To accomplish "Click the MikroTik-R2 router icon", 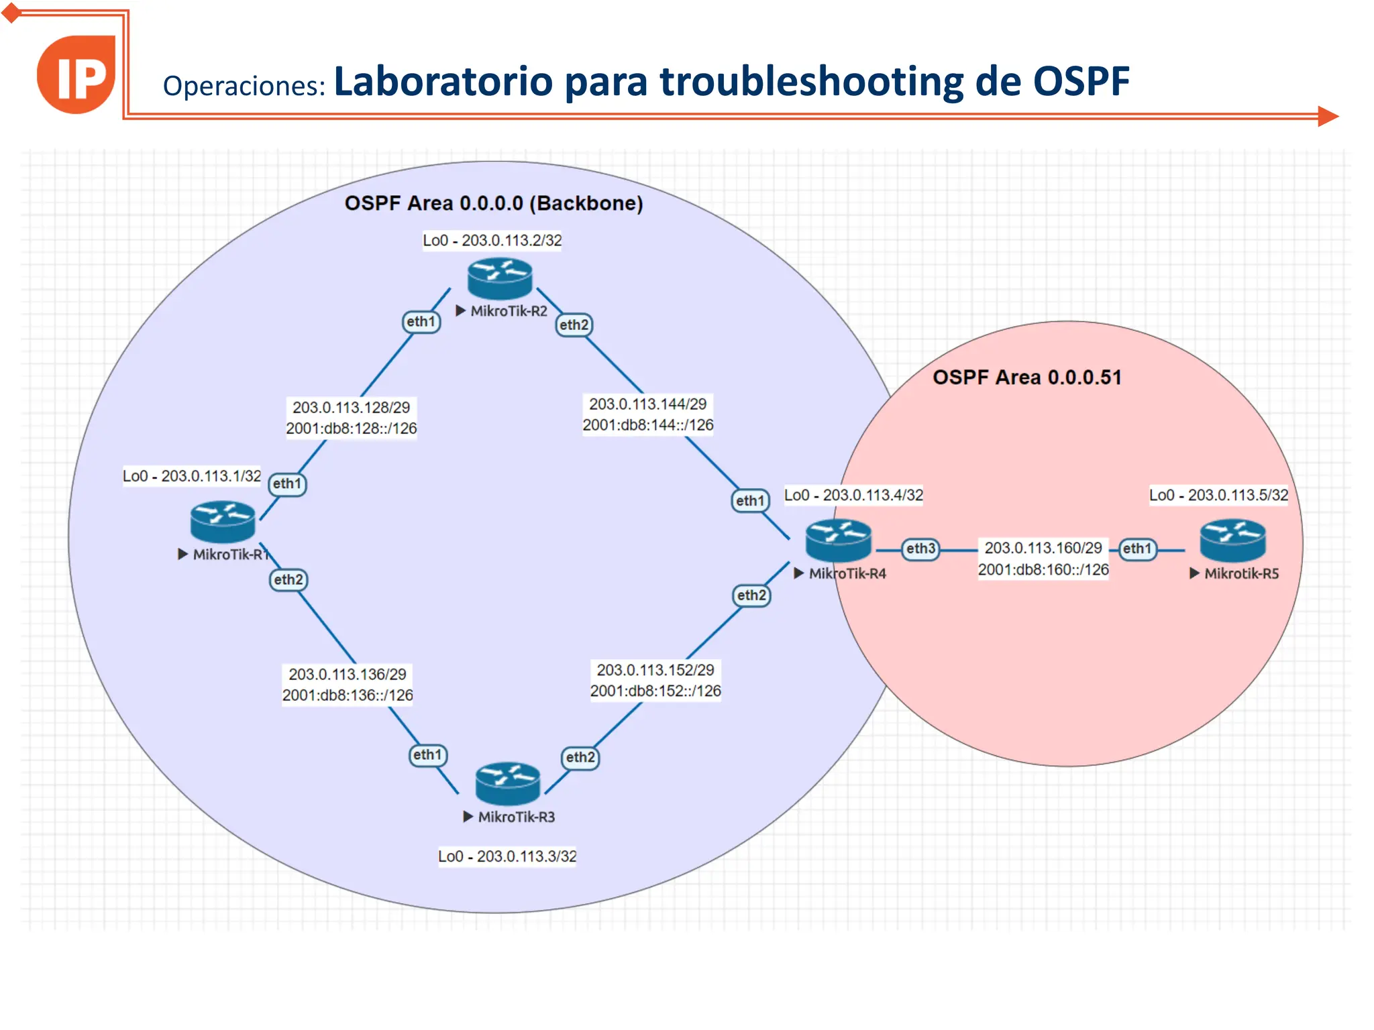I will pyautogui.click(x=500, y=278).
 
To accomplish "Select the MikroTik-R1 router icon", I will pyautogui.click(x=223, y=522).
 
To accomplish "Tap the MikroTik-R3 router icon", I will pyautogui.click(x=508, y=783).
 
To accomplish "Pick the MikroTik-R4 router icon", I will pyautogui.click(x=839, y=540).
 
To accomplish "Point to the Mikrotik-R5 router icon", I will pyautogui.click(x=1232, y=540).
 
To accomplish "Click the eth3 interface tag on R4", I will pyautogui.click(x=920, y=549).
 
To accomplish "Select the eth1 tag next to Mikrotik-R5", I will pyautogui.click(x=1137, y=549).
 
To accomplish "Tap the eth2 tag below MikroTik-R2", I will pyautogui.click(x=574, y=325).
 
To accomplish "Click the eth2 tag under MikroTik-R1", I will pyautogui.click(x=288, y=580).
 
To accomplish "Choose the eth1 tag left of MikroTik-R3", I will pyautogui.click(x=428, y=755).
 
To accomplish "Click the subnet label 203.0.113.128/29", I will pyautogui.click(x=351, y=408).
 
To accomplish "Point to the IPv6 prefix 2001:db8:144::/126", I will pyautogui.click(x=647, y=425).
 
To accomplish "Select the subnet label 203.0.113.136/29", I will pyautogui.click(x=348, y=674).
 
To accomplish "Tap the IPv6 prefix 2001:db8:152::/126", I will pyautogui.click(x=655, y=691).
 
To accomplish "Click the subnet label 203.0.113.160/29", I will pyautogui.click(x=1043, y=549).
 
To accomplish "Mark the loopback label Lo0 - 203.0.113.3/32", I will pyautogui.click(x=507, y=856).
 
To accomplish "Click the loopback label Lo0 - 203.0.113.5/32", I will pyautogui.click(x=1218, y=496).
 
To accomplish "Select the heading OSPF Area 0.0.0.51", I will pyautogui.click(x=1026, y=378).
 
